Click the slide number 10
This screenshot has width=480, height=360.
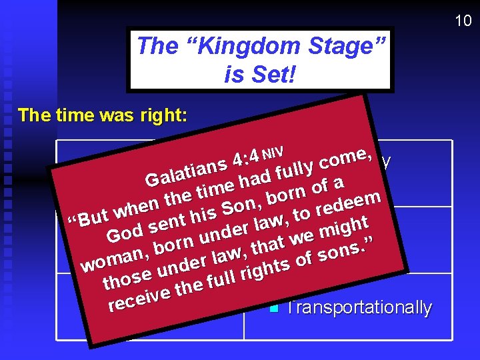click(463, 21)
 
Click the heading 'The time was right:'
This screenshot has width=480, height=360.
click(103, 115)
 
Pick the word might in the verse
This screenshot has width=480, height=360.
click(344, 228)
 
